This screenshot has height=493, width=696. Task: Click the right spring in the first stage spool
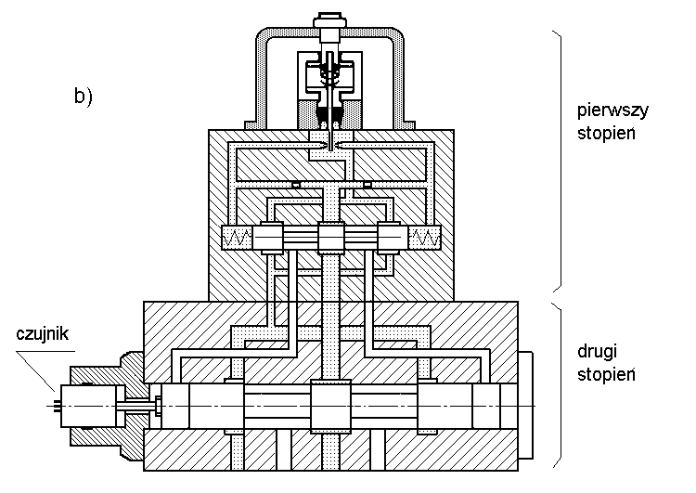(x=426, y=239)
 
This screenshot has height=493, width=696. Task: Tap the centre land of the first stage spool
(x=331, y=239)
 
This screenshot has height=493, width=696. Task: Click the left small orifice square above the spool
(x=295, y=184)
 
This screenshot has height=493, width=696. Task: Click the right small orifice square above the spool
(x=367, y=184)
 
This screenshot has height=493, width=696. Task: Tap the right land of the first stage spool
(x=392, y=239)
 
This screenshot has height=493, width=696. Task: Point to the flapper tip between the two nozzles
(x=331, y=146)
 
